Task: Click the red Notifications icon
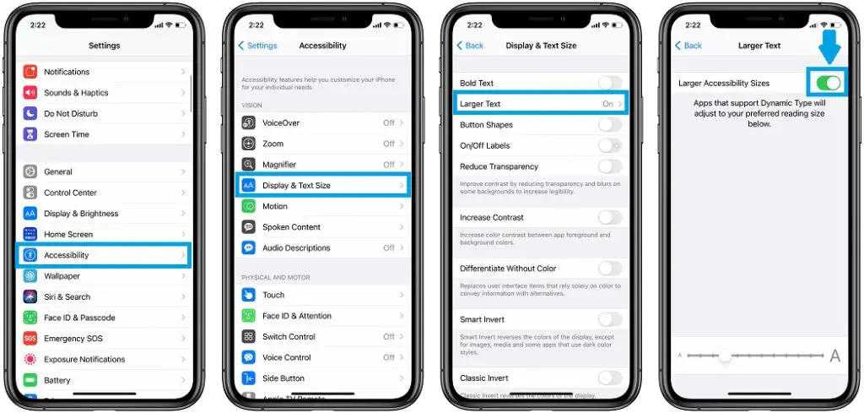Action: tap(30, 72)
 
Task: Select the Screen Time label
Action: tap(67, 134)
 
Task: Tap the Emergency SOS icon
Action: tap(30, 339)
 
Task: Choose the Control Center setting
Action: tap(70, 193)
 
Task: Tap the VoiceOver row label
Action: tap(281, 122)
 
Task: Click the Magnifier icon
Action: tap(249, 165)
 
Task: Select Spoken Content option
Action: tap(291, 227)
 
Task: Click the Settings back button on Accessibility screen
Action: tap(258, 46)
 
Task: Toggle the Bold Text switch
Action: tap(609, 83)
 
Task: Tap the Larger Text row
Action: tap(541, 104)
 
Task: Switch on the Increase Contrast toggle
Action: tap(609, 218)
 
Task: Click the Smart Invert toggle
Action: tap(609, 319)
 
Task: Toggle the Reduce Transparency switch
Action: tap(609, 166)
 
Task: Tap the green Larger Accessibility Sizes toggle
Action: tap(828, 83)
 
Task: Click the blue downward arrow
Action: tap(829, 46)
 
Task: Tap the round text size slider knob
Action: tap(725, 356)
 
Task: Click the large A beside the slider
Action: tap(835, 356)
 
